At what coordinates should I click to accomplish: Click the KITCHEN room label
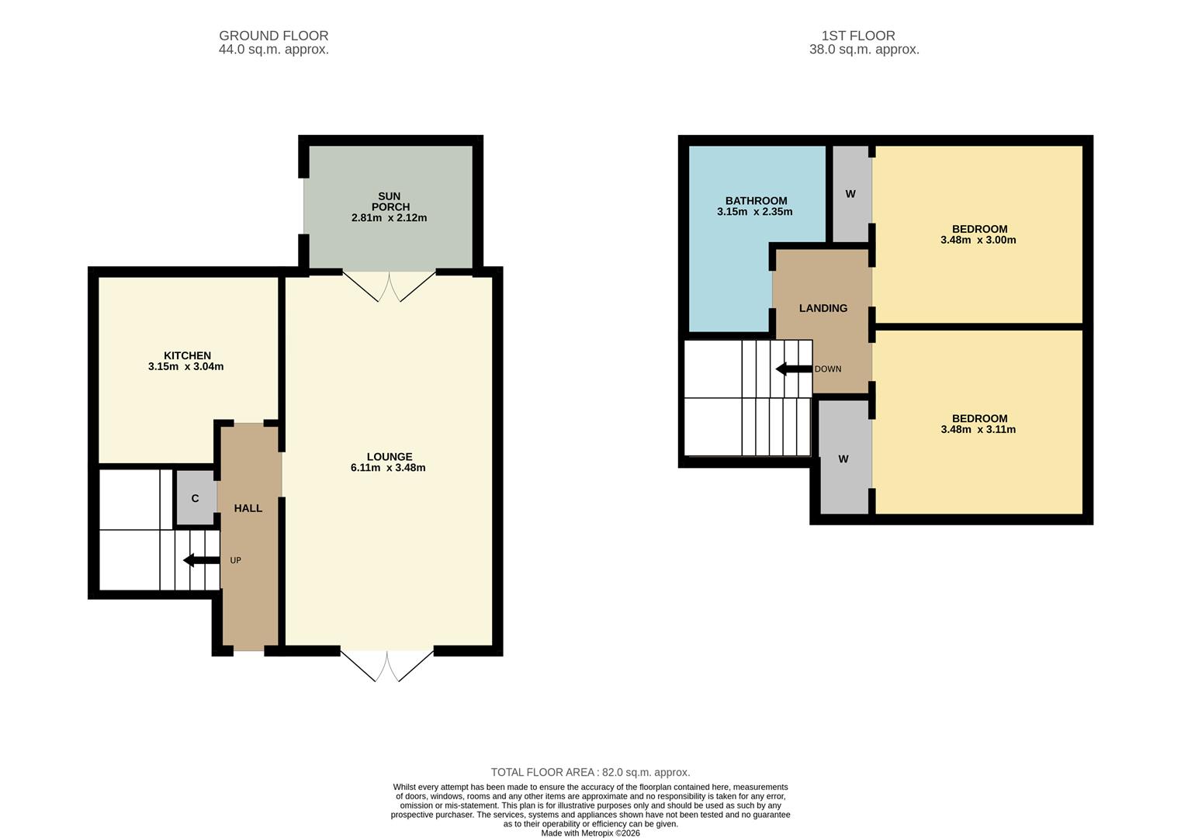187,355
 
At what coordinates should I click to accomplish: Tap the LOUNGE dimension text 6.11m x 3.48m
388,468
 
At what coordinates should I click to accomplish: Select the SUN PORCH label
389,202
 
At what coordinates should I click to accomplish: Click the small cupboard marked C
195,498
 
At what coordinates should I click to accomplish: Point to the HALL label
248,508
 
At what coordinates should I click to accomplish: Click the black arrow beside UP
201,560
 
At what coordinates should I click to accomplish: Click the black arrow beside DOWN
793,369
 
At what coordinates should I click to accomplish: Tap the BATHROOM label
756,200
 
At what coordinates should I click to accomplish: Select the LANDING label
823,308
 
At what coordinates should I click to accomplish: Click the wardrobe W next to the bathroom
850,194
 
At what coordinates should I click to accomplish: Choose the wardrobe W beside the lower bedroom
843,459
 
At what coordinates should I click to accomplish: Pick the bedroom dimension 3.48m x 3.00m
978,241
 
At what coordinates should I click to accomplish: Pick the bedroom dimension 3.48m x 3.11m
978,430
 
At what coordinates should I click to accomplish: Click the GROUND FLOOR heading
273,36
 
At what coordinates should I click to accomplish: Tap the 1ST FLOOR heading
858,36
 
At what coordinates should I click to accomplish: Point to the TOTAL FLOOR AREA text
590,772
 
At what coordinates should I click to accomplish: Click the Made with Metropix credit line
590,833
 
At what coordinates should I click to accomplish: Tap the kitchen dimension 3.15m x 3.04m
186,367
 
